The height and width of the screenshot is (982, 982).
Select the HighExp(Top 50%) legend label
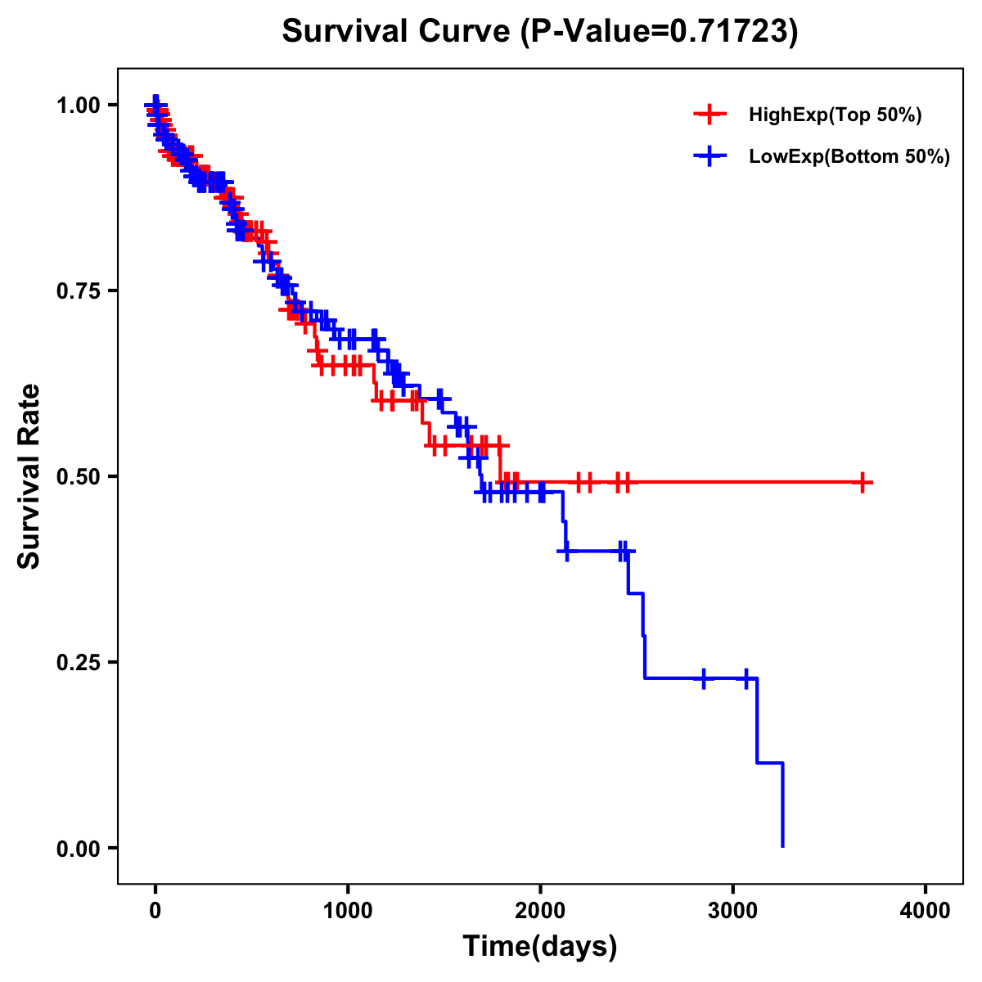(x=836, y=115)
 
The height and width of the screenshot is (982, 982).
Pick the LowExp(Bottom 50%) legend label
(x=849, y=157)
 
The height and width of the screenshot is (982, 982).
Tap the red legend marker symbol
(x=709, y=115)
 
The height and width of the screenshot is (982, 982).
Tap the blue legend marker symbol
(x=709, y=157)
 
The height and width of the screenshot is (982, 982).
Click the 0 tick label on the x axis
(x=155, y=911)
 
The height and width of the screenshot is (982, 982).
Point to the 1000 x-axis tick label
(x=348, y=911)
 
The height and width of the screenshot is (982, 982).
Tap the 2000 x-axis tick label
(x=540, y=911)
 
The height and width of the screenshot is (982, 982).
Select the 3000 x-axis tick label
(x=732, y=911)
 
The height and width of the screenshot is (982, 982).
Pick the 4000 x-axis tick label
(x=926, y=911)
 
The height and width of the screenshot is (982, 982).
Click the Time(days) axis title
(x=540, y=946)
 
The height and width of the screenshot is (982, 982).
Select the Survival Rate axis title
(x=29, y=476)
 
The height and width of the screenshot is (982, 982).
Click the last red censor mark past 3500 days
(x=862, y=483)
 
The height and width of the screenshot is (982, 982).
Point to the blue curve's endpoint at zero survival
(x=783, y=846)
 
